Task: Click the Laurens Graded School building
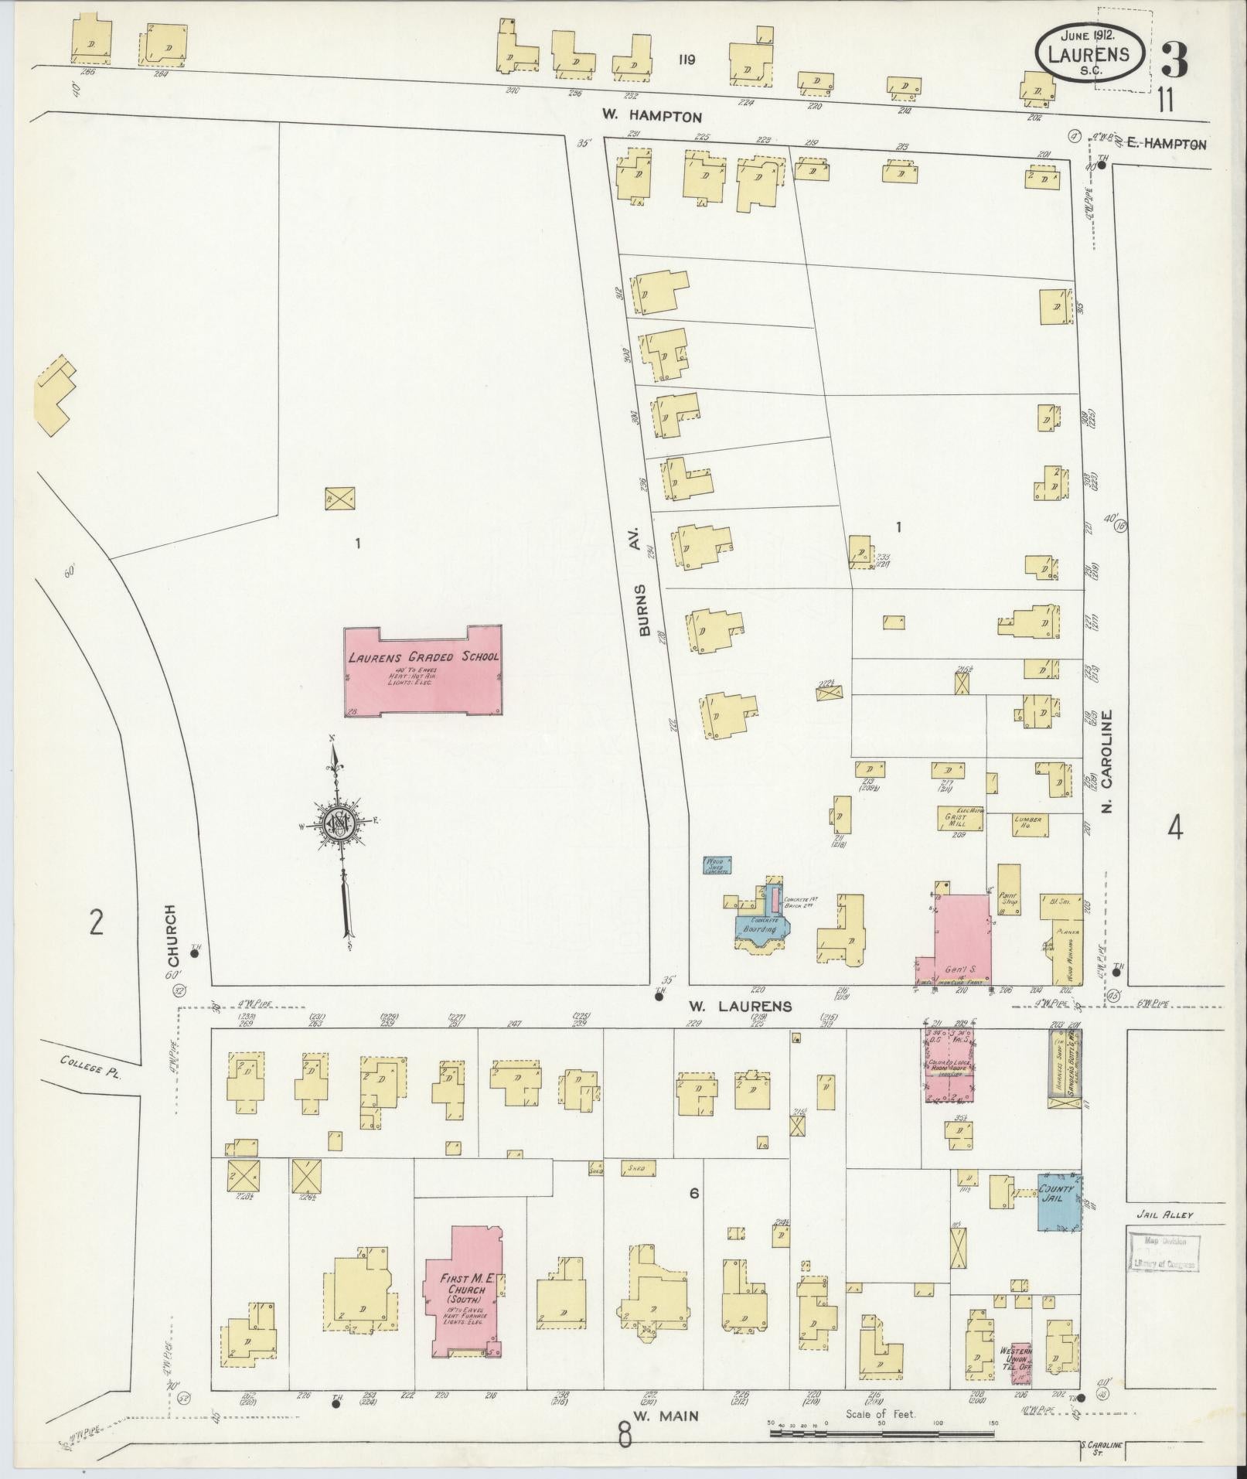pyautogui.click(x=423, y=672)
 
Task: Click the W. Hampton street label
pyautogui.click(x=652, y=117)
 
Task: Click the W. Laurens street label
pyautogui.click(x=741, y=1006)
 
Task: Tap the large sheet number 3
pyautogui.click(x=1174, y=60)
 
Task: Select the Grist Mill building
pyautogui.click(x=956, y=818)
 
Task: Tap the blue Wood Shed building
pyautogui.click(x=717, y=864)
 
